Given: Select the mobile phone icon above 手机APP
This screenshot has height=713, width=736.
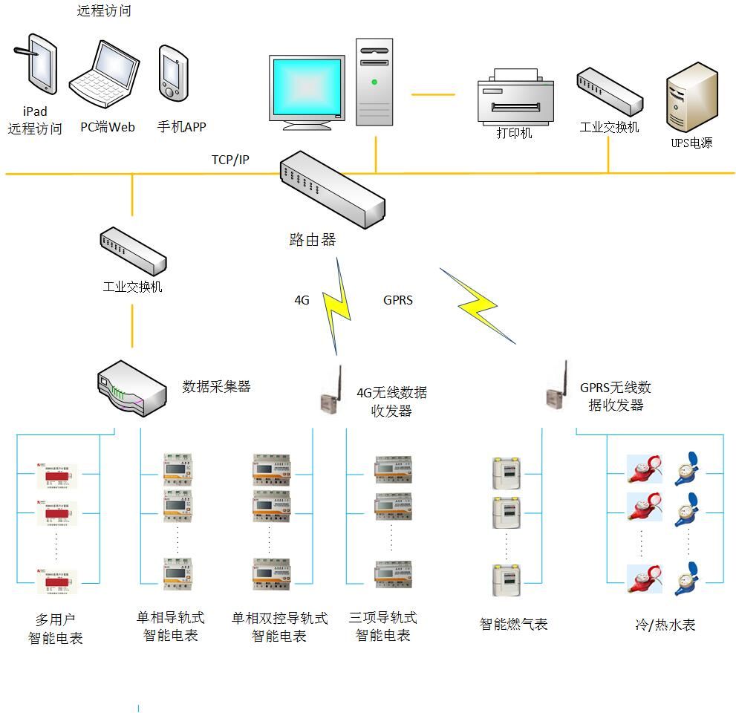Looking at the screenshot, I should click(173, 73).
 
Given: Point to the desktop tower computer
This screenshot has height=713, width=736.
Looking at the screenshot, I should click(374, 82).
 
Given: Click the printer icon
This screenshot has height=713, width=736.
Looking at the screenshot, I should click(514, 98).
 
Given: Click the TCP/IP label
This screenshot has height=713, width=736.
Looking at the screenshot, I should click(230, 160).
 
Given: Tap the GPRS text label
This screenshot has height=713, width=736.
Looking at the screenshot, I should click(398, 301).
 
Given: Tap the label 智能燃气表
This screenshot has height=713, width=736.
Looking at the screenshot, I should click(513, 625).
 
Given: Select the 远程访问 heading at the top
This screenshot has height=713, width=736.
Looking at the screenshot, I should click(104, 11).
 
